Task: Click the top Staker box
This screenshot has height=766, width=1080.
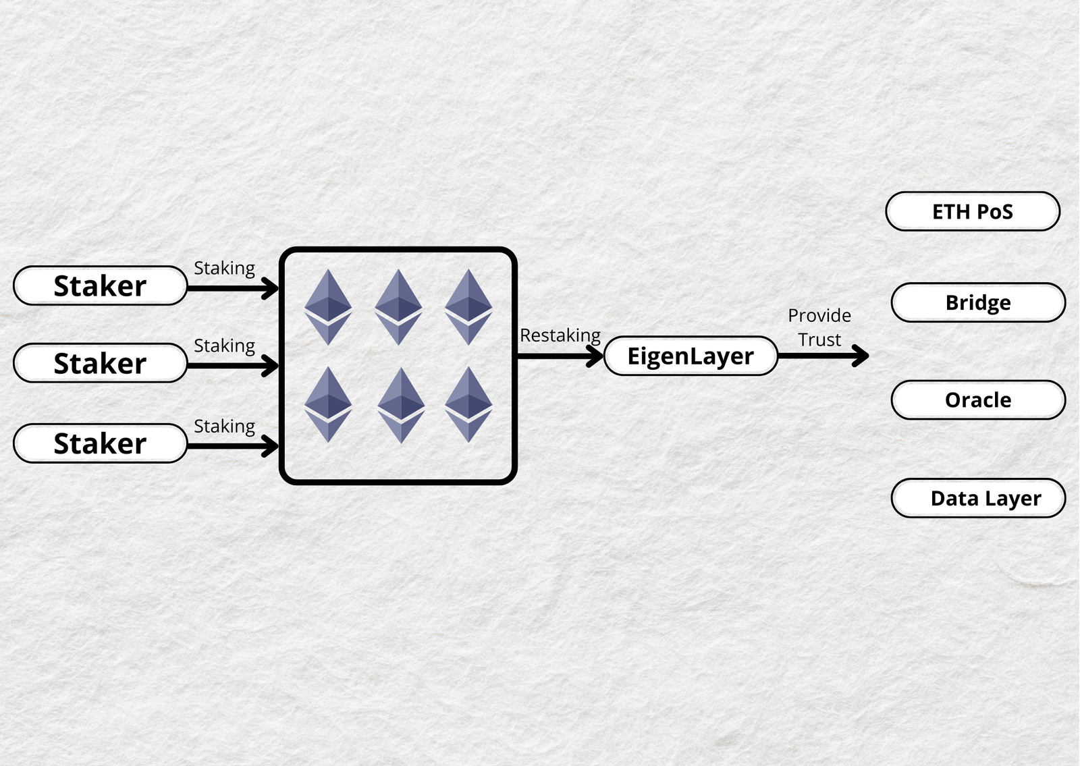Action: [100, 285]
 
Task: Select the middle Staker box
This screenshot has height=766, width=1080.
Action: [100, 363]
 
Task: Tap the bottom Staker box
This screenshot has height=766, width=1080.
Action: [100, 443]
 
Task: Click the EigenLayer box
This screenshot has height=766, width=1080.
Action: [691, 356]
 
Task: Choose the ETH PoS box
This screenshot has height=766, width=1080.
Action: [973, 212]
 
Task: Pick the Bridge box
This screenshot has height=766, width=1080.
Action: [978, 302]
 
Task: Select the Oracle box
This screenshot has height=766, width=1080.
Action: [978, 400]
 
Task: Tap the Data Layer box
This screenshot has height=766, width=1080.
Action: [978, 498]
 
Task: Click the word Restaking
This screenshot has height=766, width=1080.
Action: [560, 335]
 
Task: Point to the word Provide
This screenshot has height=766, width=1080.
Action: [819, 315]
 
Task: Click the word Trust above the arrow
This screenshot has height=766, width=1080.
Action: [819, 339]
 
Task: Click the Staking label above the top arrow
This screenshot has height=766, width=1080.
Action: [224, 269]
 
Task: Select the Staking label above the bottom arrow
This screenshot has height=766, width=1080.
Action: [224, 427]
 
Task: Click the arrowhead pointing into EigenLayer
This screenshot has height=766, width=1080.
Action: [595, 356]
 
